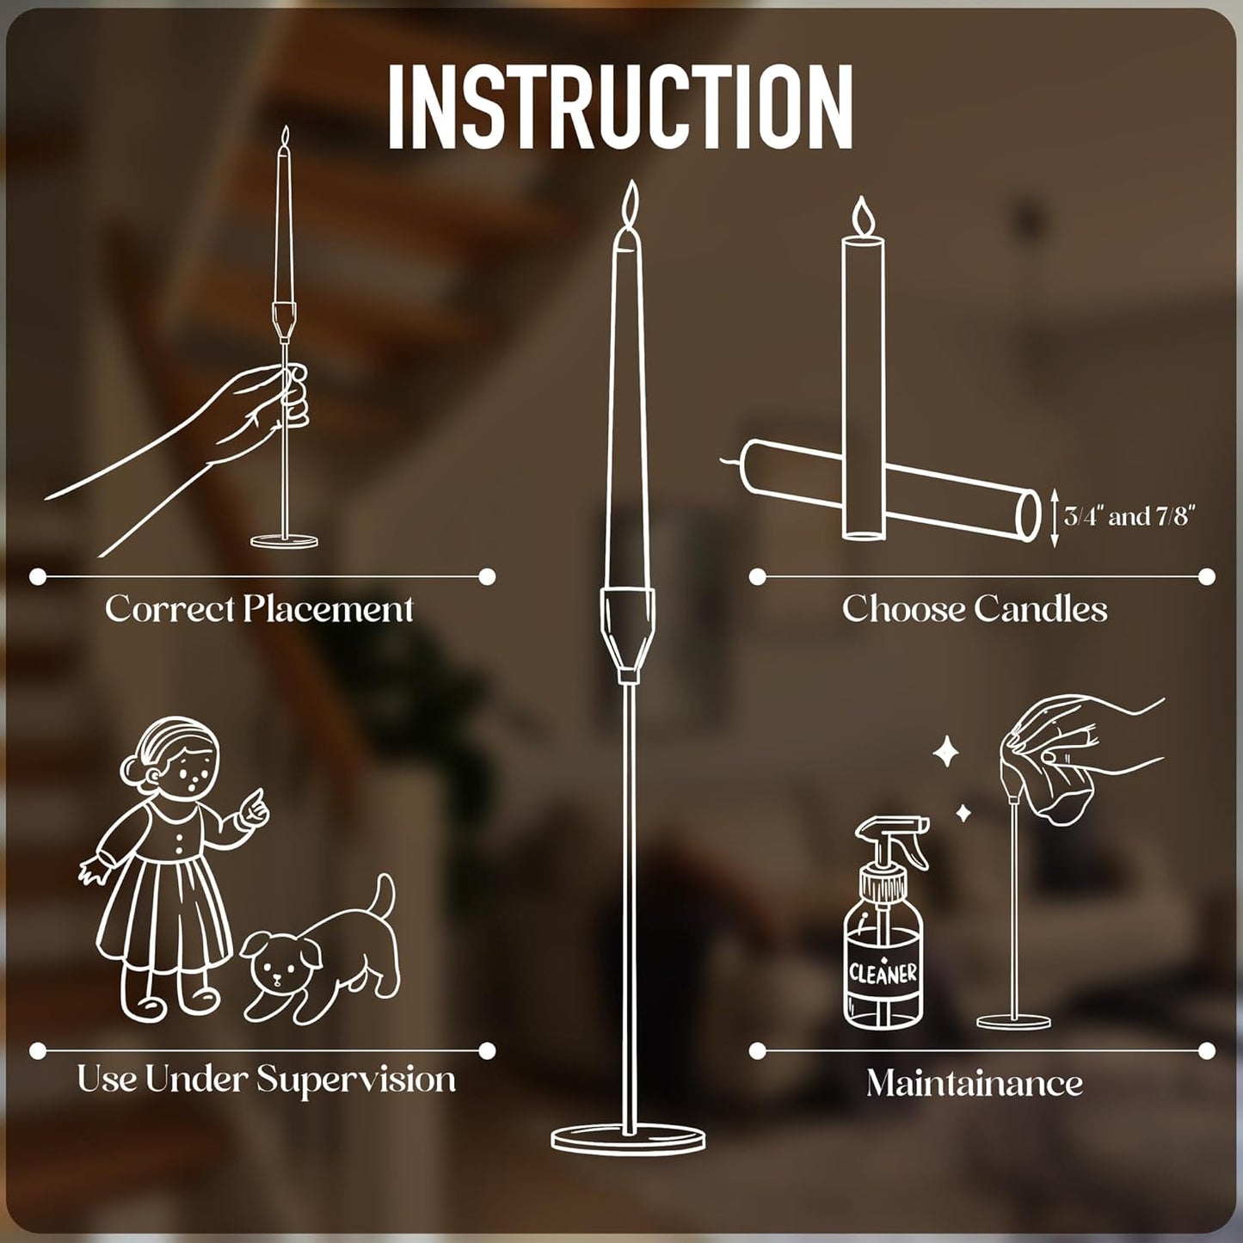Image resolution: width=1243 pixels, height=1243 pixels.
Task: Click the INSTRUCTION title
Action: [x=620, y=107]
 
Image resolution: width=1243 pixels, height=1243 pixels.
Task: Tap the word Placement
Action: [x=328, y=609]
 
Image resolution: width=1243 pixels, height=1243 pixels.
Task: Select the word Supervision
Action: [x=356, y=1080]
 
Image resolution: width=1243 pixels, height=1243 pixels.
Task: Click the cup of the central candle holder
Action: [x=629, y=633]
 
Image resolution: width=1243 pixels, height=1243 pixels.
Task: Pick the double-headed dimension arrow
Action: [x=1055, y=517]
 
